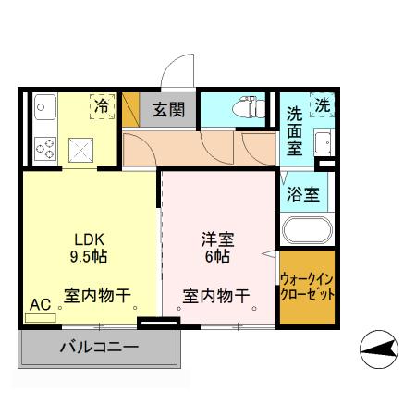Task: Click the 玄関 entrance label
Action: click(x=168, y=110)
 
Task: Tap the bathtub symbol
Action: click(x=305, y=231)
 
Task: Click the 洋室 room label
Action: click(x=218, y=238)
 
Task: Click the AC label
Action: click(x=40, y=303)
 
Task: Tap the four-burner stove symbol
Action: click(x=43, y=145)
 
